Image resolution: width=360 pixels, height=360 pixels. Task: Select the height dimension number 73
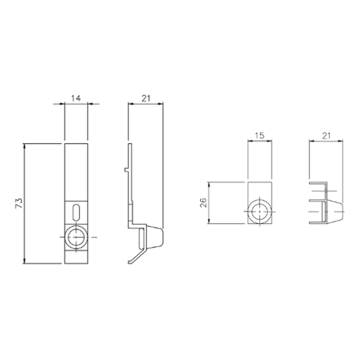tap(18, 203)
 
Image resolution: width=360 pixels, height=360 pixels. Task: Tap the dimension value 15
tap(259, 136)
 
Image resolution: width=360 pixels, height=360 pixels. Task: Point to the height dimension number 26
tap(202, 202)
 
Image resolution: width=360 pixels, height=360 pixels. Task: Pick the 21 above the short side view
tap(326, 136)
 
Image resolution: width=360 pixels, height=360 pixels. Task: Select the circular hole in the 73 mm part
tap(76, 238)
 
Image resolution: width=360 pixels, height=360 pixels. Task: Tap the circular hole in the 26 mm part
tap(259, 213)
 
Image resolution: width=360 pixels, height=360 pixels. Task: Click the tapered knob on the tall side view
tap(156, 237)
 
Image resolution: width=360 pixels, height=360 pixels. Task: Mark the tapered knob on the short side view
tap(335, 212)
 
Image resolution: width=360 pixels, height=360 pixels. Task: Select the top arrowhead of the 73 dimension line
tap(25, 146)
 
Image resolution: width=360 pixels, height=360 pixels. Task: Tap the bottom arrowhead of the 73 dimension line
tap(25, 262)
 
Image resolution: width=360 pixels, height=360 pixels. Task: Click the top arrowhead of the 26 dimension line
tap(208, 183)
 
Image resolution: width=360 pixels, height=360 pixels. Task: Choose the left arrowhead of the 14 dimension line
tap(66, 104)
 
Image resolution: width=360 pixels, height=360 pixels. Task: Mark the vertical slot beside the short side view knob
tap(324, 212)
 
